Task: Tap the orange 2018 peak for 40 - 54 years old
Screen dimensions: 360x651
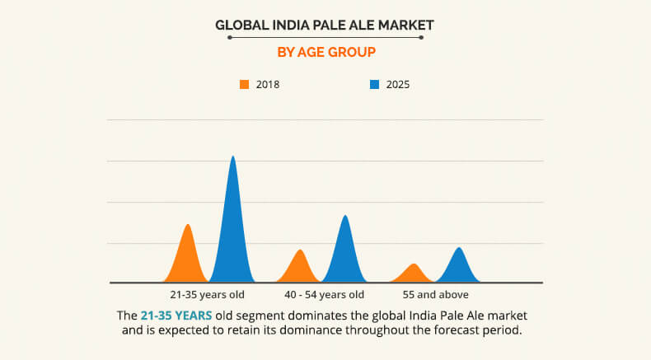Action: click(x=300, y=268)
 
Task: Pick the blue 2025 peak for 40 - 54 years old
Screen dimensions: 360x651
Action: click(x=345, y=251)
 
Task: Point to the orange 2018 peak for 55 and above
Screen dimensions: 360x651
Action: click(x=414, y=274)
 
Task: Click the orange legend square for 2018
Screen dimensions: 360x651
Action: click(x=244, y=84)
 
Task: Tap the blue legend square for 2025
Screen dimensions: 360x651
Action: click(x=374, y=84)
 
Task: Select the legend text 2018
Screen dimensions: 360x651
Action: click(x=268, y=84)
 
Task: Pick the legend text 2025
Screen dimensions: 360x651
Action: click(x=398, y=84)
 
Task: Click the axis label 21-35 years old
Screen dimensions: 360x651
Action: click(x=207, y=294)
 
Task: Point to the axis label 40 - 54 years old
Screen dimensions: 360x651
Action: click(x=324, y=294)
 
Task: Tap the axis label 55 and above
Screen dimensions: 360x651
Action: click(x=436, y=294)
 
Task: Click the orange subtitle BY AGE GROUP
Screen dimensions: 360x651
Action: click(x=325, y=52)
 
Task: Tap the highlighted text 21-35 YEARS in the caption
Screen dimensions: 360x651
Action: click(x=176, y=316)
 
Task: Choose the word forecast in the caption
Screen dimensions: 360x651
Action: click(x=458, y=331)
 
